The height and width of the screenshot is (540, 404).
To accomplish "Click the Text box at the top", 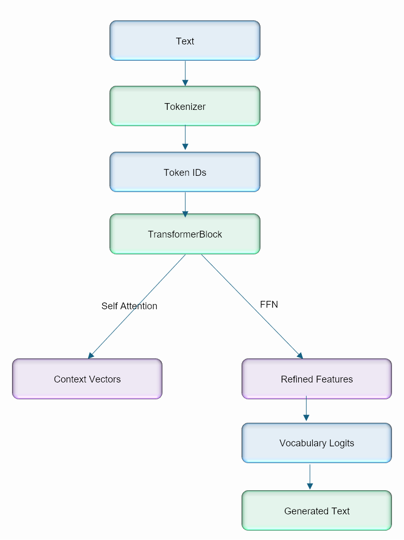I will (x=184, y=41).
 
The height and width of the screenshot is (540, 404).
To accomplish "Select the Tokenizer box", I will (x=184, y=106).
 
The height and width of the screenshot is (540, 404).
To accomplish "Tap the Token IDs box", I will (x=184, y=172).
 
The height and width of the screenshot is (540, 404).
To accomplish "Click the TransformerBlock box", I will (x=184, y=234).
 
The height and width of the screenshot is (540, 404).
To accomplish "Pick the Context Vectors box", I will (x=87, y=379).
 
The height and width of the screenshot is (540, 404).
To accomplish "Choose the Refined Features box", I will (x=316, y=379).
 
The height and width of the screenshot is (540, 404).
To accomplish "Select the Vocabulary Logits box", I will (x=316, y=443).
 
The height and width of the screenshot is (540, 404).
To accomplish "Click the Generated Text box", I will (x=316, y=511).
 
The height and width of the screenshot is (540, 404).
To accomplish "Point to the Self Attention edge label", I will (x=129, y=306).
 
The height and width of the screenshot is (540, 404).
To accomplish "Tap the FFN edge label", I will (x=269, y=304).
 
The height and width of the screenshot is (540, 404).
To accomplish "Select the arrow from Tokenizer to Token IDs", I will (x=185, y=138).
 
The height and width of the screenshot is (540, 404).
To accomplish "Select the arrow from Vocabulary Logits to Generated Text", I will (x=310, y=476).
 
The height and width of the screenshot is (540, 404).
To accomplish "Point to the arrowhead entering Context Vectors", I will (x=91, y=355).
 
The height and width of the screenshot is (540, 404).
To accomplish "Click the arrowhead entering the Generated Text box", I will (x=310, y=487).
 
